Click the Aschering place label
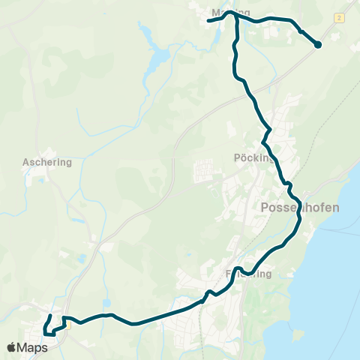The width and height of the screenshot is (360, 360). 47,161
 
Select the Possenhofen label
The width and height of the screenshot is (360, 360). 299,207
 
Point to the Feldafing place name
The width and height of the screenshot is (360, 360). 247,274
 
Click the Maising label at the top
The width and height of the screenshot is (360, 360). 229,13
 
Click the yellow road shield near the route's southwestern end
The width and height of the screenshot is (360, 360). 67,316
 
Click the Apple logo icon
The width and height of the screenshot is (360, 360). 12,347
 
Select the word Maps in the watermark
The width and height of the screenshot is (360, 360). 33,347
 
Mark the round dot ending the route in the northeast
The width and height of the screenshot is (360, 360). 317,45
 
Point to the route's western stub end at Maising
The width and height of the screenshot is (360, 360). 209,20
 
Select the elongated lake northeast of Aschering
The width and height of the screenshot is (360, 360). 158,58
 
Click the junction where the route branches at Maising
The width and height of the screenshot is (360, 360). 237,17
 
